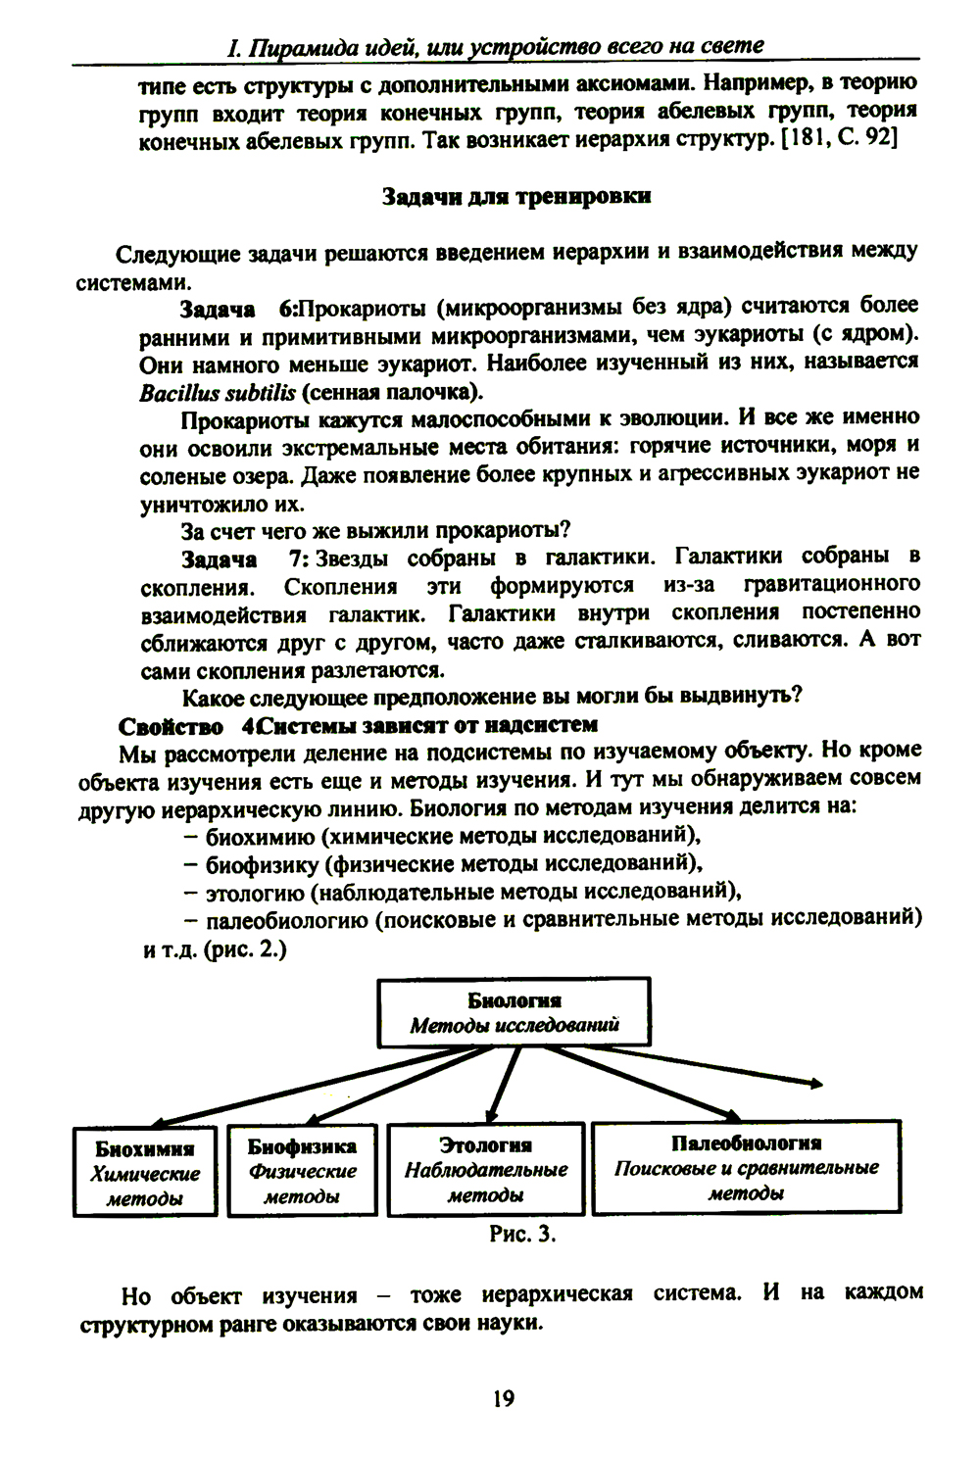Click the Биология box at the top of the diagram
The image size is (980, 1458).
point(514,1012)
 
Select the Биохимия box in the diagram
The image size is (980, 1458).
point(145,1172)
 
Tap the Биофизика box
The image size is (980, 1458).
point(302,1170)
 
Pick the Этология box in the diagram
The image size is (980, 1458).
point(486,1169)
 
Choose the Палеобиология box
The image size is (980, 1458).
point(746,1167)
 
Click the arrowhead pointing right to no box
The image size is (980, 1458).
point(813,1081)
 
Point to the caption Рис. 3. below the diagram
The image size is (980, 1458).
point(522,1234)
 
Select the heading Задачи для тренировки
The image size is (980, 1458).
point(515,196)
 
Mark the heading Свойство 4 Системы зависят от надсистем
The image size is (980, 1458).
point(357,725)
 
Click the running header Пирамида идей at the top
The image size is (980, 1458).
point(494,46)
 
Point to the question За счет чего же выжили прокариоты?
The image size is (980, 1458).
point(375,531)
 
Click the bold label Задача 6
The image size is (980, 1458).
point(238,310)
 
